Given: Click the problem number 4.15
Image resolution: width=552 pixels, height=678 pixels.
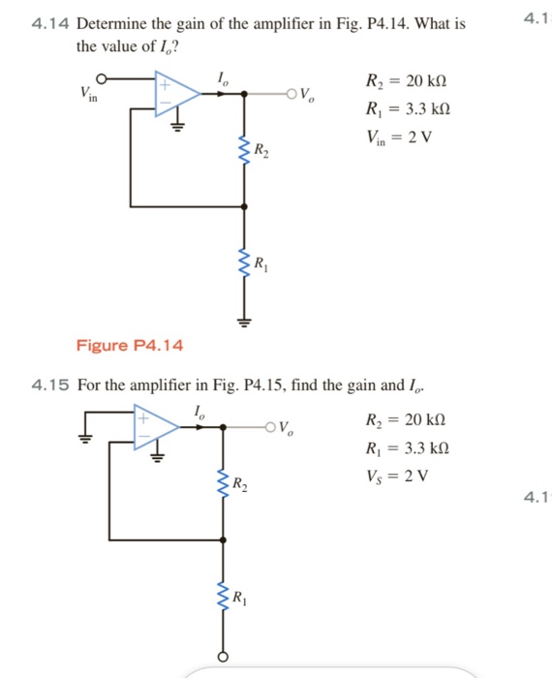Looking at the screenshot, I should click(50, 385).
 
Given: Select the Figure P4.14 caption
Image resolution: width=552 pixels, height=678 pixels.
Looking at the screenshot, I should click(129, 346).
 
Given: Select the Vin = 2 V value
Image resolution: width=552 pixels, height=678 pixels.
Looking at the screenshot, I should click(397, 137).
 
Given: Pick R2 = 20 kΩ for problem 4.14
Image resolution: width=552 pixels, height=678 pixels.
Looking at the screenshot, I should click(406, 80).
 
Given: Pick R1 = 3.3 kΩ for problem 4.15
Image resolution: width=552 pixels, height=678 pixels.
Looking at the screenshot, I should click(406, 448).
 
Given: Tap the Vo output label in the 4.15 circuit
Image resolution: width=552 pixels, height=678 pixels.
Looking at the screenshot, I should click(288, 426).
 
